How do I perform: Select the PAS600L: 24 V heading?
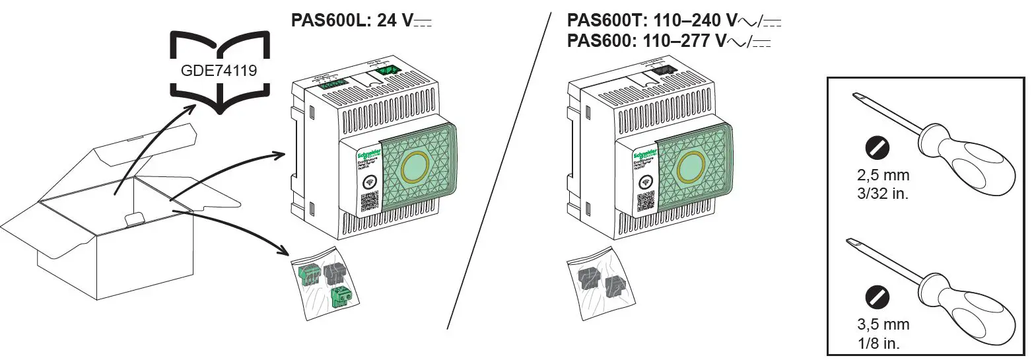point(361,20)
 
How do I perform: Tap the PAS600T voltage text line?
point(673,20)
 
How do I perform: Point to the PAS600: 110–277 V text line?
point(669,41)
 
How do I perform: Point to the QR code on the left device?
point(370,201)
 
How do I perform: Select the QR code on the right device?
point(646,201)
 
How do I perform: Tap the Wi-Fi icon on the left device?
point(371,182)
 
